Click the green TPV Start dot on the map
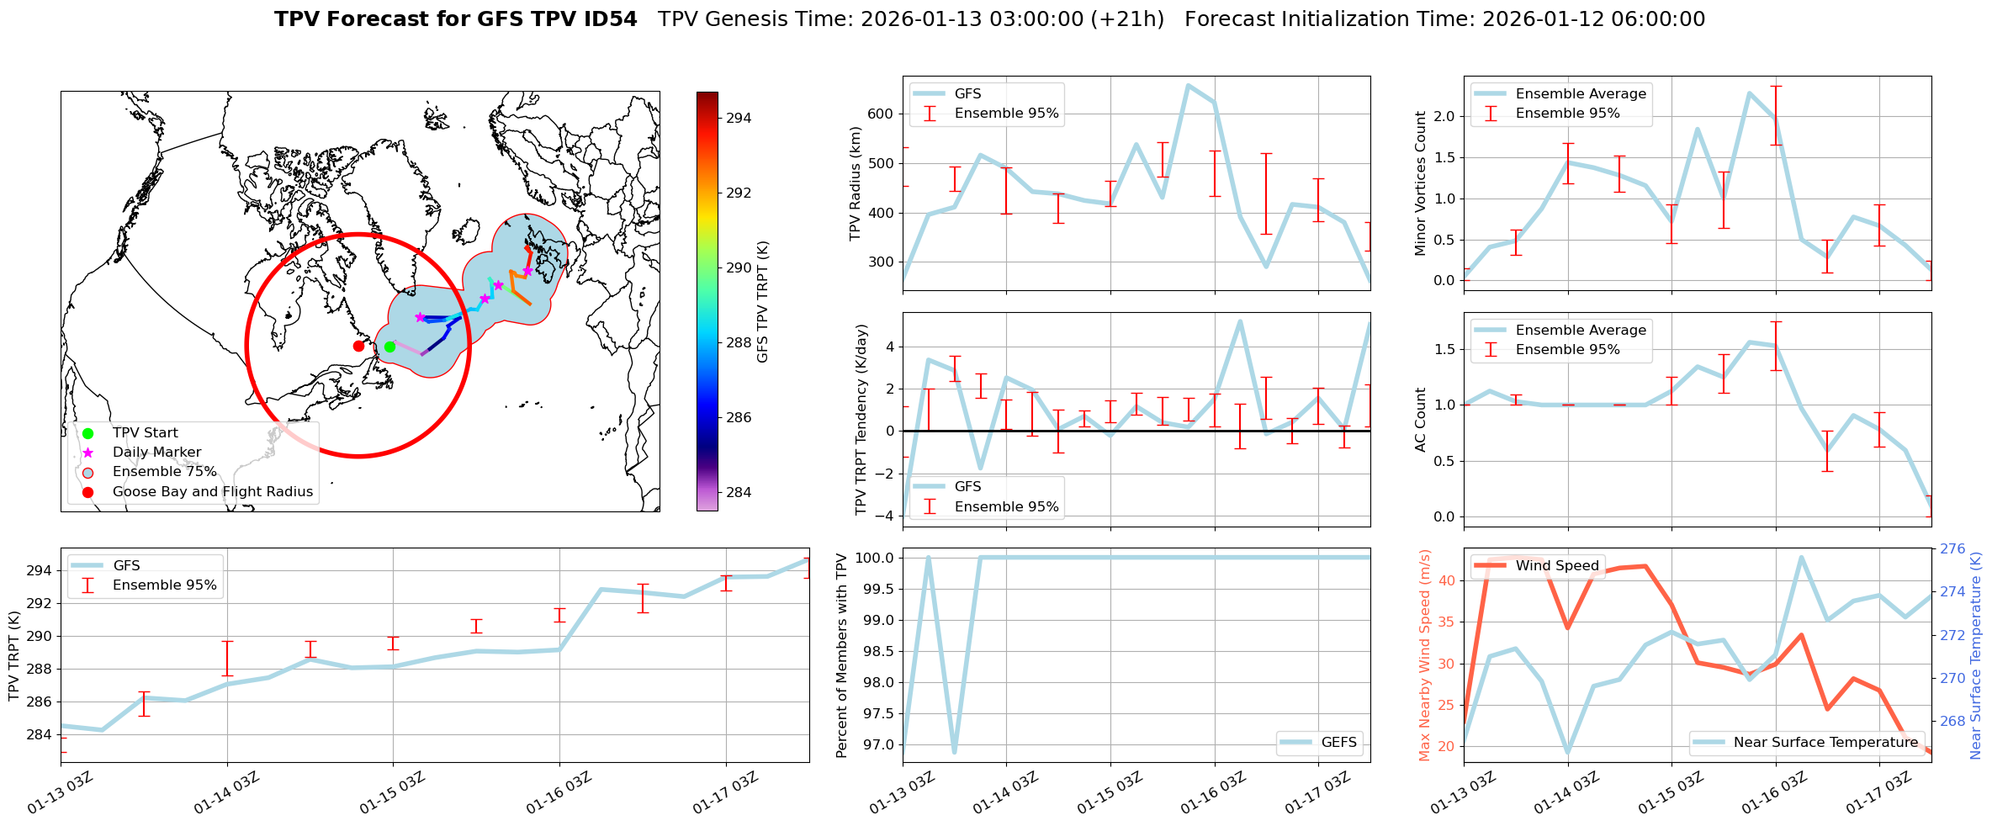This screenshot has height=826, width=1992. click(x=389, y=347)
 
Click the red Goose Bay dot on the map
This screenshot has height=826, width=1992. click(x=358, y=346)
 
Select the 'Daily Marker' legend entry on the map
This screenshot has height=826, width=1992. click(x=156, y=453)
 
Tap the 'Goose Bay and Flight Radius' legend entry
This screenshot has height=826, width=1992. click(x=212, y=492)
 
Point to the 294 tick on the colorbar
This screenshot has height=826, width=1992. click(x=739, y=119)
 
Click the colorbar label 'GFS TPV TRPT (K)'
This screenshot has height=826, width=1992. click(x=763, y=302)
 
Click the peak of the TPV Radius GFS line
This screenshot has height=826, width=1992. click(x=1188, y=85)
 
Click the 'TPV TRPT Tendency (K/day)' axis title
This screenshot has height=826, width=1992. click(x=861, y=420)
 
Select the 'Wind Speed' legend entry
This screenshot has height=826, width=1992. click(x=1556, y=566)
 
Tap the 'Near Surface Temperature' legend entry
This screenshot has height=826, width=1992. click(x=1825, y=743)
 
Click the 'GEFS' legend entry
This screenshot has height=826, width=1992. click(x=1338, y=743)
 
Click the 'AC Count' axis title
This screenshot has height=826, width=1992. click(x=1422, y=420)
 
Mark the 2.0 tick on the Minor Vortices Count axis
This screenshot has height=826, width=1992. click(x=1444, y=117)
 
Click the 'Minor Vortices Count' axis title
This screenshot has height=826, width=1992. click(x=1422, y=183)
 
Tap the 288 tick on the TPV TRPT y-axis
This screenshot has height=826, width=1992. click(x=39, y=670)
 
